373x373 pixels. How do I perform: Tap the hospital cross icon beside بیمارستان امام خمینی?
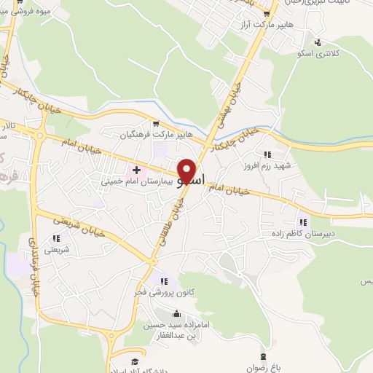click(x=136, y=170)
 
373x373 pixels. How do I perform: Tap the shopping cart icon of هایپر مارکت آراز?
click(x=267, y=13)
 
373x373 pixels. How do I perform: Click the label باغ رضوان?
click(x=260, y=368)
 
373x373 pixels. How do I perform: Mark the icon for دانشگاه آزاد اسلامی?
click(x=134, y=361)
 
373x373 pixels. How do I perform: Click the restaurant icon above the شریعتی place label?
click(x=56, y=237)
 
